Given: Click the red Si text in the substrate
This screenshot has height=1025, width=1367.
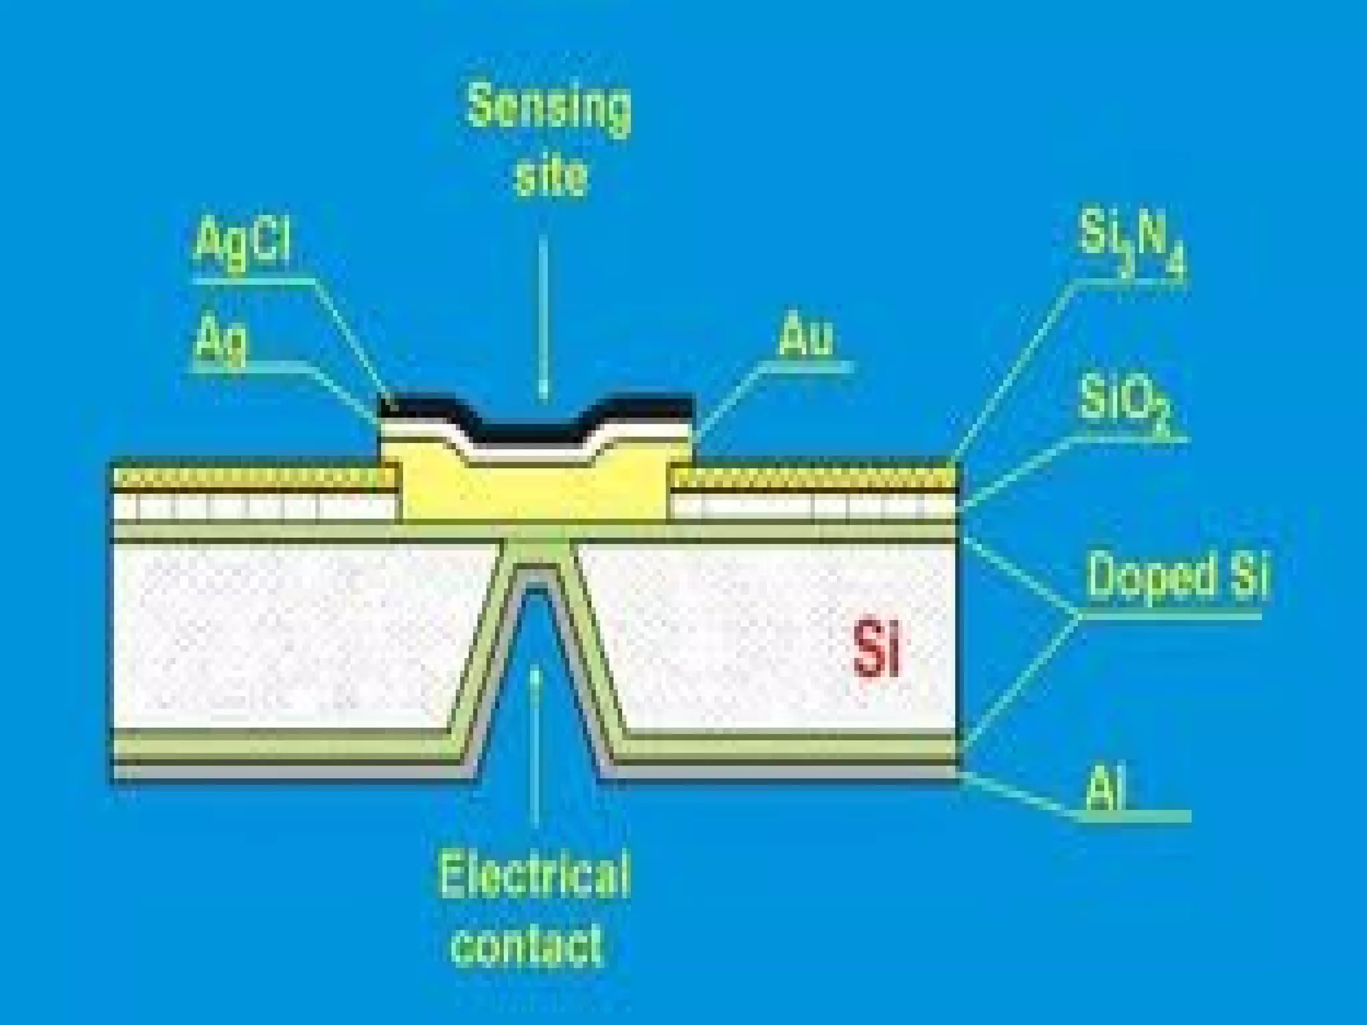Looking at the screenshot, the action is point(876,649).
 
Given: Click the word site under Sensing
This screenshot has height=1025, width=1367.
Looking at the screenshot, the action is point(551,175).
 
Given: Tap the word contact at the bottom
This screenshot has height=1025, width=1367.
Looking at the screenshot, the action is point(527,944).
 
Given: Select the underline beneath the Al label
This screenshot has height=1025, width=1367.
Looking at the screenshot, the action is point(1135,816).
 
